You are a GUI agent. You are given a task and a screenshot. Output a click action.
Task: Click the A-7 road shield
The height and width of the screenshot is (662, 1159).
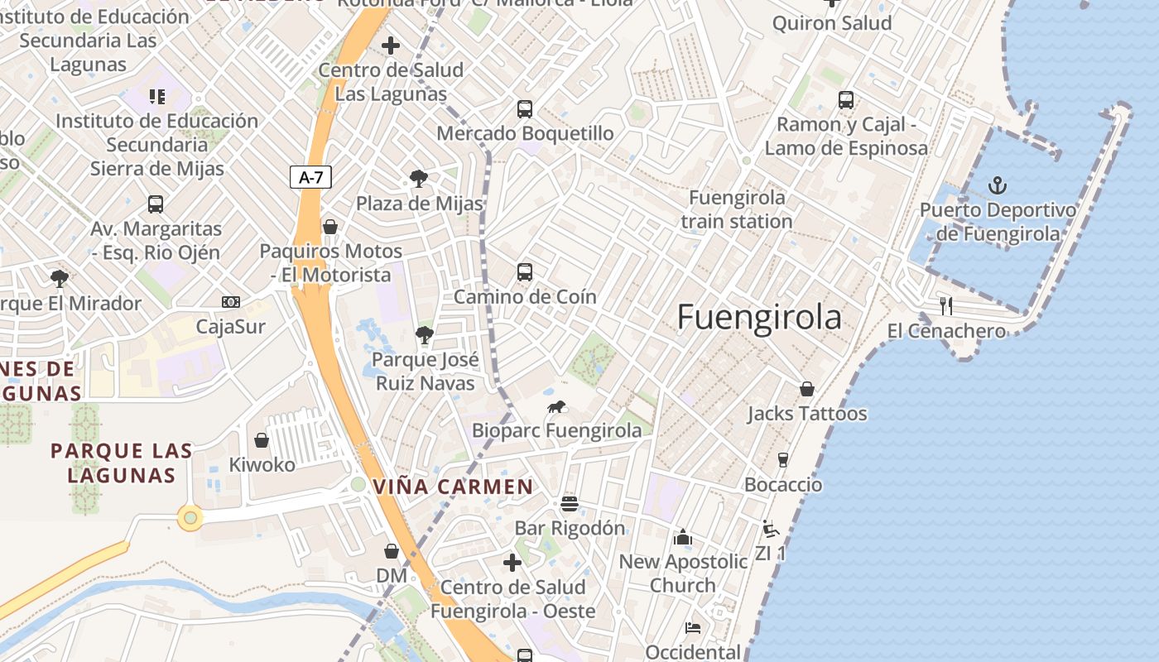pyautogui.click(x=311, y=176)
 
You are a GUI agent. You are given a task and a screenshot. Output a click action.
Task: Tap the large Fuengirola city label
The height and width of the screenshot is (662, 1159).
pyautogui.click(x=759, y=318)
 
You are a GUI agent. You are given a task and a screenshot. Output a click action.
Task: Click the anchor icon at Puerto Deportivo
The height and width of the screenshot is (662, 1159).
pyautogui.click(x=998, y=185)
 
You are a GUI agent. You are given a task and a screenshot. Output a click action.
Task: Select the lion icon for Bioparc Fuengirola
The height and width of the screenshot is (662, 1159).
pyautogui.click(x=556, y=406)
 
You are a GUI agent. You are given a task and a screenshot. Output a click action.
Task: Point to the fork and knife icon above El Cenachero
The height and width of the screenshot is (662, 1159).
pyautogui.click(x=946, y=306)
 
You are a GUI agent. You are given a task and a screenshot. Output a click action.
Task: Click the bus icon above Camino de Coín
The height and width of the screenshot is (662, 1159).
pyautogui.click(x=524, y=271)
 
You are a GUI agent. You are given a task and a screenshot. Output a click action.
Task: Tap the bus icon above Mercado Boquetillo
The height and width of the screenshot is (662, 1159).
pyautogui.click(x=524, y=108)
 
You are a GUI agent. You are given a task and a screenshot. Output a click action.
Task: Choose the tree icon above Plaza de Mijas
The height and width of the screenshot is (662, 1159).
pyautogui.click(x=419, y=178)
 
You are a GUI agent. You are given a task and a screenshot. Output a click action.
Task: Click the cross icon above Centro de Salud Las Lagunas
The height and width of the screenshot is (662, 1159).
pyautogui.click(x=391, y=46)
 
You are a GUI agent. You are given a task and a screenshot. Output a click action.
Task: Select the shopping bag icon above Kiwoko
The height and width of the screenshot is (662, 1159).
pyautogui.click(x=262, y=440)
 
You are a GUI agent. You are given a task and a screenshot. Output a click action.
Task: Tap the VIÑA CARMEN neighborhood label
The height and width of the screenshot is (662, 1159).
pyautogui.click(x=453, y=487)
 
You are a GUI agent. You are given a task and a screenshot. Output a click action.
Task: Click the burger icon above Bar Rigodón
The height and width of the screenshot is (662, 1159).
pyautogui.click(x=569, y=503)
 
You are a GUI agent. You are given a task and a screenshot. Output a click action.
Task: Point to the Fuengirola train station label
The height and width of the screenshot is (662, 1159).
pyautogui.click(x=737, y=209)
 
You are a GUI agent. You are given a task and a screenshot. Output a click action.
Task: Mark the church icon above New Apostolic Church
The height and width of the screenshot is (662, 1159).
pyautogui.click(x=683, y=537)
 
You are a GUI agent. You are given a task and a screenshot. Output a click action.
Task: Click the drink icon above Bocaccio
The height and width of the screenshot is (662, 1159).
pyautogui.click(x=783, y=460)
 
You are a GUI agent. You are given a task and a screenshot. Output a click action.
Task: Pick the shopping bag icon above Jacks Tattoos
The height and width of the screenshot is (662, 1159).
pyautogui.click(x=807, y=389)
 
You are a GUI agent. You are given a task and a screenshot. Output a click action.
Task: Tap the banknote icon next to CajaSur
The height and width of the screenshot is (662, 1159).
pyautogui.click(x=231, y=302)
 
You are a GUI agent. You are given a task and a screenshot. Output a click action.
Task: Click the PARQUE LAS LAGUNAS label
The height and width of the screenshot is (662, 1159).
pyautogui.click(x=122, y=463)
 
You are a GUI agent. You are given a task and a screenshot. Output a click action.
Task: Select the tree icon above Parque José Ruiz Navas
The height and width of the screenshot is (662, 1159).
pyautogui.click(x=424, y=334)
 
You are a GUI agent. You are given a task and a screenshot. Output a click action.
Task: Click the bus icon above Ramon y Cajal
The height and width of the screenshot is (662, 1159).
pyautogui.click(x=845, y=100)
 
